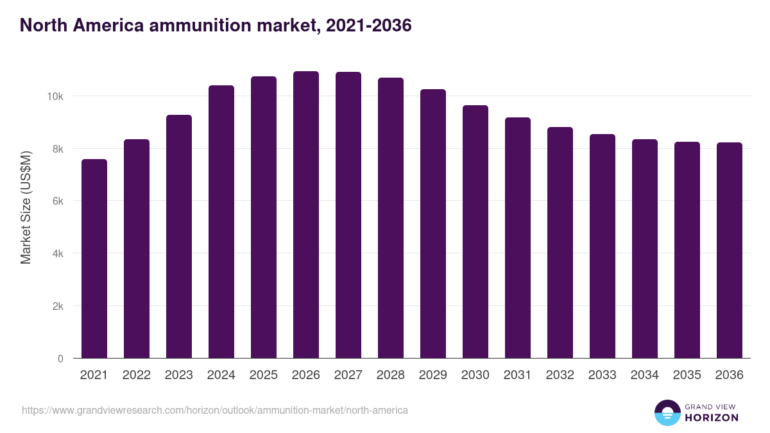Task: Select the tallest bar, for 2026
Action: tap(306, 215)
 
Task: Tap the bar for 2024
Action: tap(221, 222)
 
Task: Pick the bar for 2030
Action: tap(475, 232)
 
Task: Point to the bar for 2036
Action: tap(730, 250)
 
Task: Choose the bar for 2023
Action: tap(179, 237)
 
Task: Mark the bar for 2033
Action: tap(603, 246)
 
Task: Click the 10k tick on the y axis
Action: tap(54, 96)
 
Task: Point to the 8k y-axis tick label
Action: tap(56, 149)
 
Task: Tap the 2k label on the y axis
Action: tap(56, 306)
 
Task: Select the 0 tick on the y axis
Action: tap(60, 359)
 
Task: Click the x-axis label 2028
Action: tap(391, 375)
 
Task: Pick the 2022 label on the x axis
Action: tap(137, 375)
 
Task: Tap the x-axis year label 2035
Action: tap(687, 375)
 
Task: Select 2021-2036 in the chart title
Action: tap(368, 26)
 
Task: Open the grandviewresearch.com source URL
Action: tap(215, 410)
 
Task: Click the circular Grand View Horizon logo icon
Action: tap(667, 412)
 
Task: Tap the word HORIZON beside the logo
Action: tap(712, 418)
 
